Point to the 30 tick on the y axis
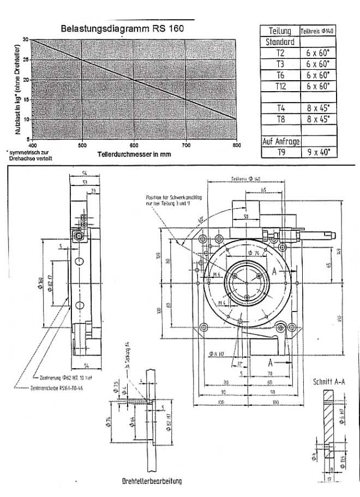tap(26, 40)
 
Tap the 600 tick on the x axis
tap(134, 146)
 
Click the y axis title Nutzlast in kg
tap(18, 91)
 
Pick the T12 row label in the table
tap(280, 86)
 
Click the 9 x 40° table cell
tap(318, 153)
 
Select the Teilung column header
tap(280, 31)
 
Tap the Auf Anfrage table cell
tap(280, 142)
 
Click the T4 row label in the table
tap(280, 108)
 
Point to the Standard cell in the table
tap(280, 42)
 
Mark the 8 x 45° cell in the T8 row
tap(318, 119)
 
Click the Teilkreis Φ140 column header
tap(318, 31)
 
